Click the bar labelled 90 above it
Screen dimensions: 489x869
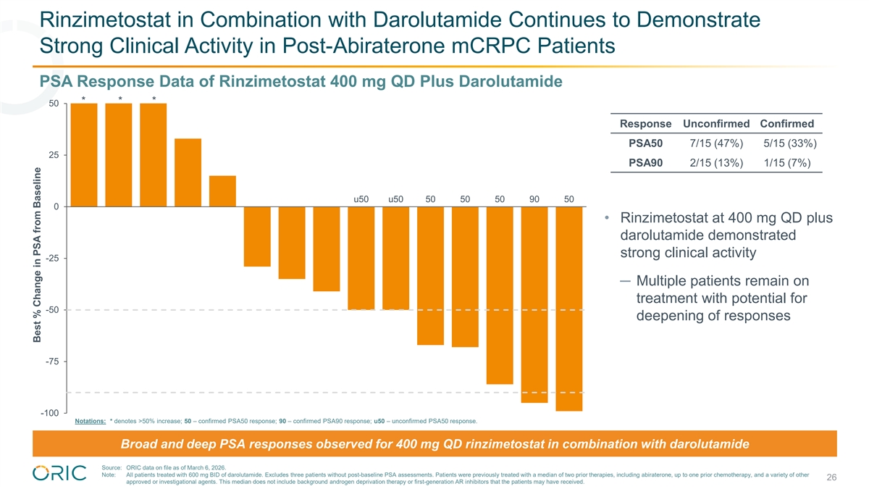point(534,304)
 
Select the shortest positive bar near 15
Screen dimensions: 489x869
point(222,191)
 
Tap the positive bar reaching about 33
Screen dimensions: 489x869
point(188,172)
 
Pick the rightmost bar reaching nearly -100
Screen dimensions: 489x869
point(569,309)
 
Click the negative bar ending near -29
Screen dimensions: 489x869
point(257,236)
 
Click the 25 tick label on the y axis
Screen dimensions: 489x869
point(54,155)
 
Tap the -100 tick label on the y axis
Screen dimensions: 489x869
point(49,413)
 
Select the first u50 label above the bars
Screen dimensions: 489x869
point(361,198)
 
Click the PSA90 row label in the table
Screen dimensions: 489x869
point(646,162)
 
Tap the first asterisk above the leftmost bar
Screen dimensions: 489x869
point(85,99)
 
